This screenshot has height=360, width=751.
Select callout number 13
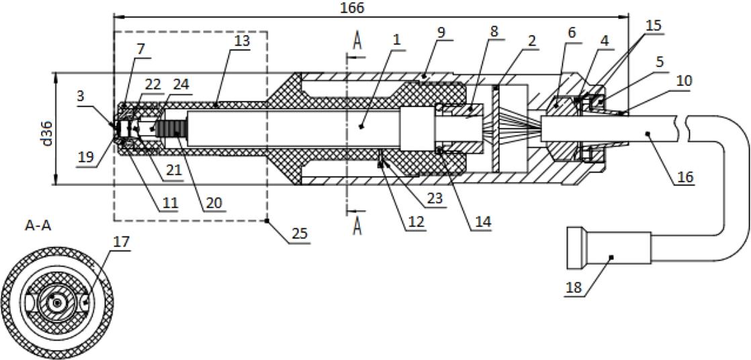click(x=242, y=41)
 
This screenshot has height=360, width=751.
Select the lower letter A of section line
click(x=358, y=227)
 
